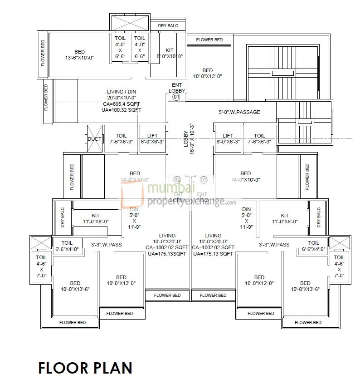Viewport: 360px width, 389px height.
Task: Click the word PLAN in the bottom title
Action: click(112, 367)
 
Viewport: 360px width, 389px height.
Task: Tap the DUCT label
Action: click(94, 138)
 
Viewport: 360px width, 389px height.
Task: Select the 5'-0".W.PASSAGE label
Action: click(239, 112)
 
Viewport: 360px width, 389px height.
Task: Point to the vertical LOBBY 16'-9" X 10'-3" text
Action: click(189, 138)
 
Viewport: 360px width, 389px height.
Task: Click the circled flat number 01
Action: click(177, 97)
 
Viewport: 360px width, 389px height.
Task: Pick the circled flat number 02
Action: click(177, 180)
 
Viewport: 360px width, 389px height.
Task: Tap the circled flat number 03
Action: click(204, 180)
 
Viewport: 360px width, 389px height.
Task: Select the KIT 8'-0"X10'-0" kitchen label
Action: click(170, 54)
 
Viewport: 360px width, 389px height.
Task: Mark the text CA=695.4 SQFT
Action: click(122, 104)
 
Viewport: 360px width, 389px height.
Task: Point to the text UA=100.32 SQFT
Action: click(122, 110)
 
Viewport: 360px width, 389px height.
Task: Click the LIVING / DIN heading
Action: click(122, 92)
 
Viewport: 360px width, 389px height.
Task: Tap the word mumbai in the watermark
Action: click(172, 188)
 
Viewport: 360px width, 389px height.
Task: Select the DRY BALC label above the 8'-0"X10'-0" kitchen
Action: click(168, 26)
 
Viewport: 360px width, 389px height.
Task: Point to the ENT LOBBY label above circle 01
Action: click(177, 88)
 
